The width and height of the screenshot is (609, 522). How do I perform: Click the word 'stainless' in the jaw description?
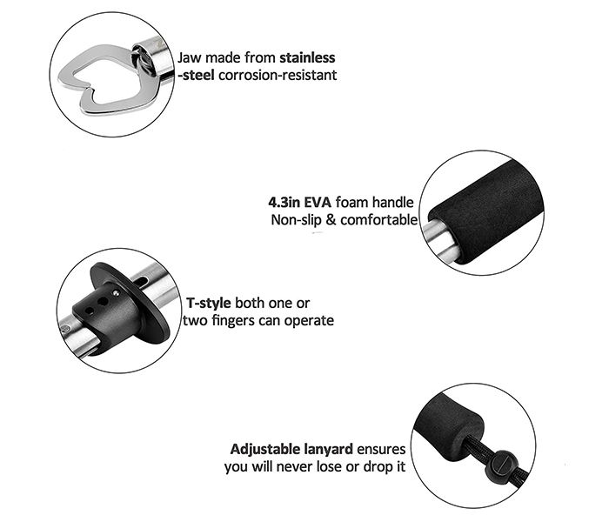[x=306, y=57]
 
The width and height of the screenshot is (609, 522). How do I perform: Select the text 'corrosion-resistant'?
[x=279, y=76]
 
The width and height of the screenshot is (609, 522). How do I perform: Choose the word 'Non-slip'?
[x=295, y=220]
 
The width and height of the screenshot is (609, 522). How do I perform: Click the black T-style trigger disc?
[x=151, y=304]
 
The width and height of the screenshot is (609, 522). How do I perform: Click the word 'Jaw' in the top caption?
[x=191, y=57]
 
